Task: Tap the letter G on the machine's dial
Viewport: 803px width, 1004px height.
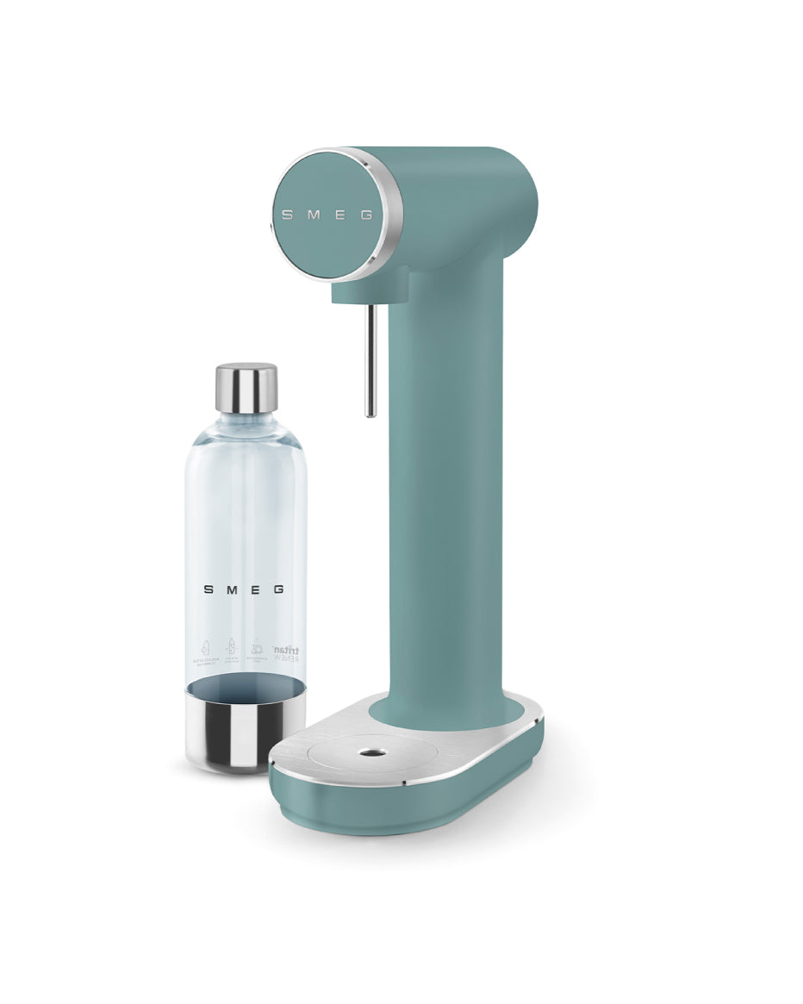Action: pyautogui.click(x=366, y=215)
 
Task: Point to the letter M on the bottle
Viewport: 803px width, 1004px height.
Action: pyautogui.click(x=232, y=590)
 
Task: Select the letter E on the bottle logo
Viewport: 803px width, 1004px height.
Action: pyautogui.click(x=254, y=590)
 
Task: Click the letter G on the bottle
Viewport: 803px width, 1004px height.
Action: pyautogui.click(x=278, y=590)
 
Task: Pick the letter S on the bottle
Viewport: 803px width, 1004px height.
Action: pyautogui.click(x=209, y=590)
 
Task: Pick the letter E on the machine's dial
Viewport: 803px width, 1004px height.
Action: pyautogui.click(x=339, y=215)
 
